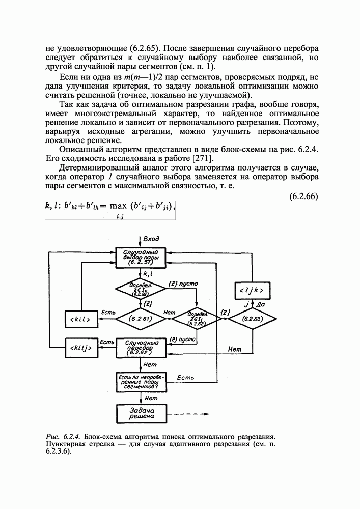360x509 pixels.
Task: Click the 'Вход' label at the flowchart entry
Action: (151, 239)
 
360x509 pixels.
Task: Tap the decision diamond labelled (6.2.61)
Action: (141, 319)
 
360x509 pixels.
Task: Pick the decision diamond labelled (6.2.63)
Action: (252, 319)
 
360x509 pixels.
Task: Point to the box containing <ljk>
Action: (252, 290)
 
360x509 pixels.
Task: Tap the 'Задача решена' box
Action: (141, 413)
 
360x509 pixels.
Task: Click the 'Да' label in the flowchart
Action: (261, 304)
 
